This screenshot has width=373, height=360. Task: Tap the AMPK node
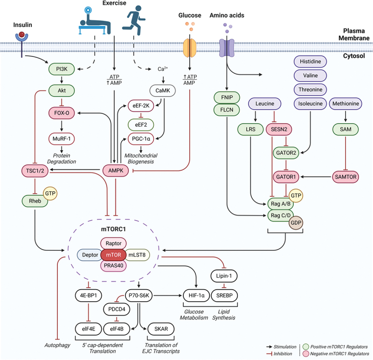[x=116, y=171]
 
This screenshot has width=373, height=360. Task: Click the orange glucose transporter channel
[x=189, y=47]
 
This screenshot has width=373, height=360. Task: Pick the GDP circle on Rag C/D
[x=295, y=223]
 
